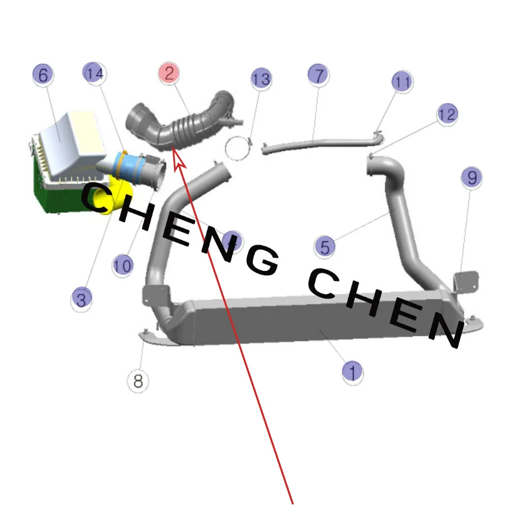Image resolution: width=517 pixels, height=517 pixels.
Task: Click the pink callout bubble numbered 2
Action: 169,73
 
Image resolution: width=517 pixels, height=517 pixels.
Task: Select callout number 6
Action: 43,75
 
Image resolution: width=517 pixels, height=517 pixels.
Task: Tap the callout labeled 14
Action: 94,73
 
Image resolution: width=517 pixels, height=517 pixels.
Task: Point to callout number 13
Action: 261,79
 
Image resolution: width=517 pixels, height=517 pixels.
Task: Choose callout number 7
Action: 318,75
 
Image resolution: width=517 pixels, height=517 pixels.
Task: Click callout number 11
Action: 402,81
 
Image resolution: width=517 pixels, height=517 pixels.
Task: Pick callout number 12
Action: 447,114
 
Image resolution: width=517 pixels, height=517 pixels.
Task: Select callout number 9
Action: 472,177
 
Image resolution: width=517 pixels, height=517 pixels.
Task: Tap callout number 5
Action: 325,247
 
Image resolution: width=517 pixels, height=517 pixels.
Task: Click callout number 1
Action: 353,371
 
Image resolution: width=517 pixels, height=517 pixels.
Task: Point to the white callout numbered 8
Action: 138,381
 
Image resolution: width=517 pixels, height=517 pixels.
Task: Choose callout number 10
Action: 123,265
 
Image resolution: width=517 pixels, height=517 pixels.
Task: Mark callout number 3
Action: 81,299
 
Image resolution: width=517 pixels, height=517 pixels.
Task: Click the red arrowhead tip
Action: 175,150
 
